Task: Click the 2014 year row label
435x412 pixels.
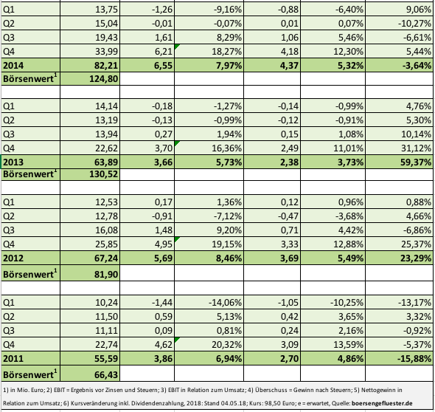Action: pyautogui.click(x=13, y=66)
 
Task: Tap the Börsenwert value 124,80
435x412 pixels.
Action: pyautogui.click(x=104, y=79)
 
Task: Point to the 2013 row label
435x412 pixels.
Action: pyautogui.click(x=13, y=162)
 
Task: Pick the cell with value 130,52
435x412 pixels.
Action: pyautogui.click(x=104, y=174)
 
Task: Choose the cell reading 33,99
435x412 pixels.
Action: pyautogui.click(x=106, y=52)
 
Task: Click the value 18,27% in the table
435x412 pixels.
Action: pyautogui.click(x=226, y=52)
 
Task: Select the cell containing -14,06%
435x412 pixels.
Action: pyautogui.click(x=225, y=303)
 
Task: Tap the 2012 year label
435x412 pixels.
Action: pyautogui.click(x=13, y=258)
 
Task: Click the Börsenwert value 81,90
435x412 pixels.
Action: pyautogui.click(x=106, y=275)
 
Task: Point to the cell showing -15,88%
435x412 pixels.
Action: pyautogui.click(x=414, y=359)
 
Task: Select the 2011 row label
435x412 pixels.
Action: pyautogui.click(x=13, y=359)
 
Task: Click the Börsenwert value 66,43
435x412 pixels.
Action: pyautogui.click(x=106, y=375)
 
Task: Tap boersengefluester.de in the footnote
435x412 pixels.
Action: pyautogui.click(x=382, y=403)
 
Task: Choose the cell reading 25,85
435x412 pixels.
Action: pyautogui.click(x=106, y=244)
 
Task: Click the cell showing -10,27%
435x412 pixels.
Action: pyautogui.click(x=414, y=24)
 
